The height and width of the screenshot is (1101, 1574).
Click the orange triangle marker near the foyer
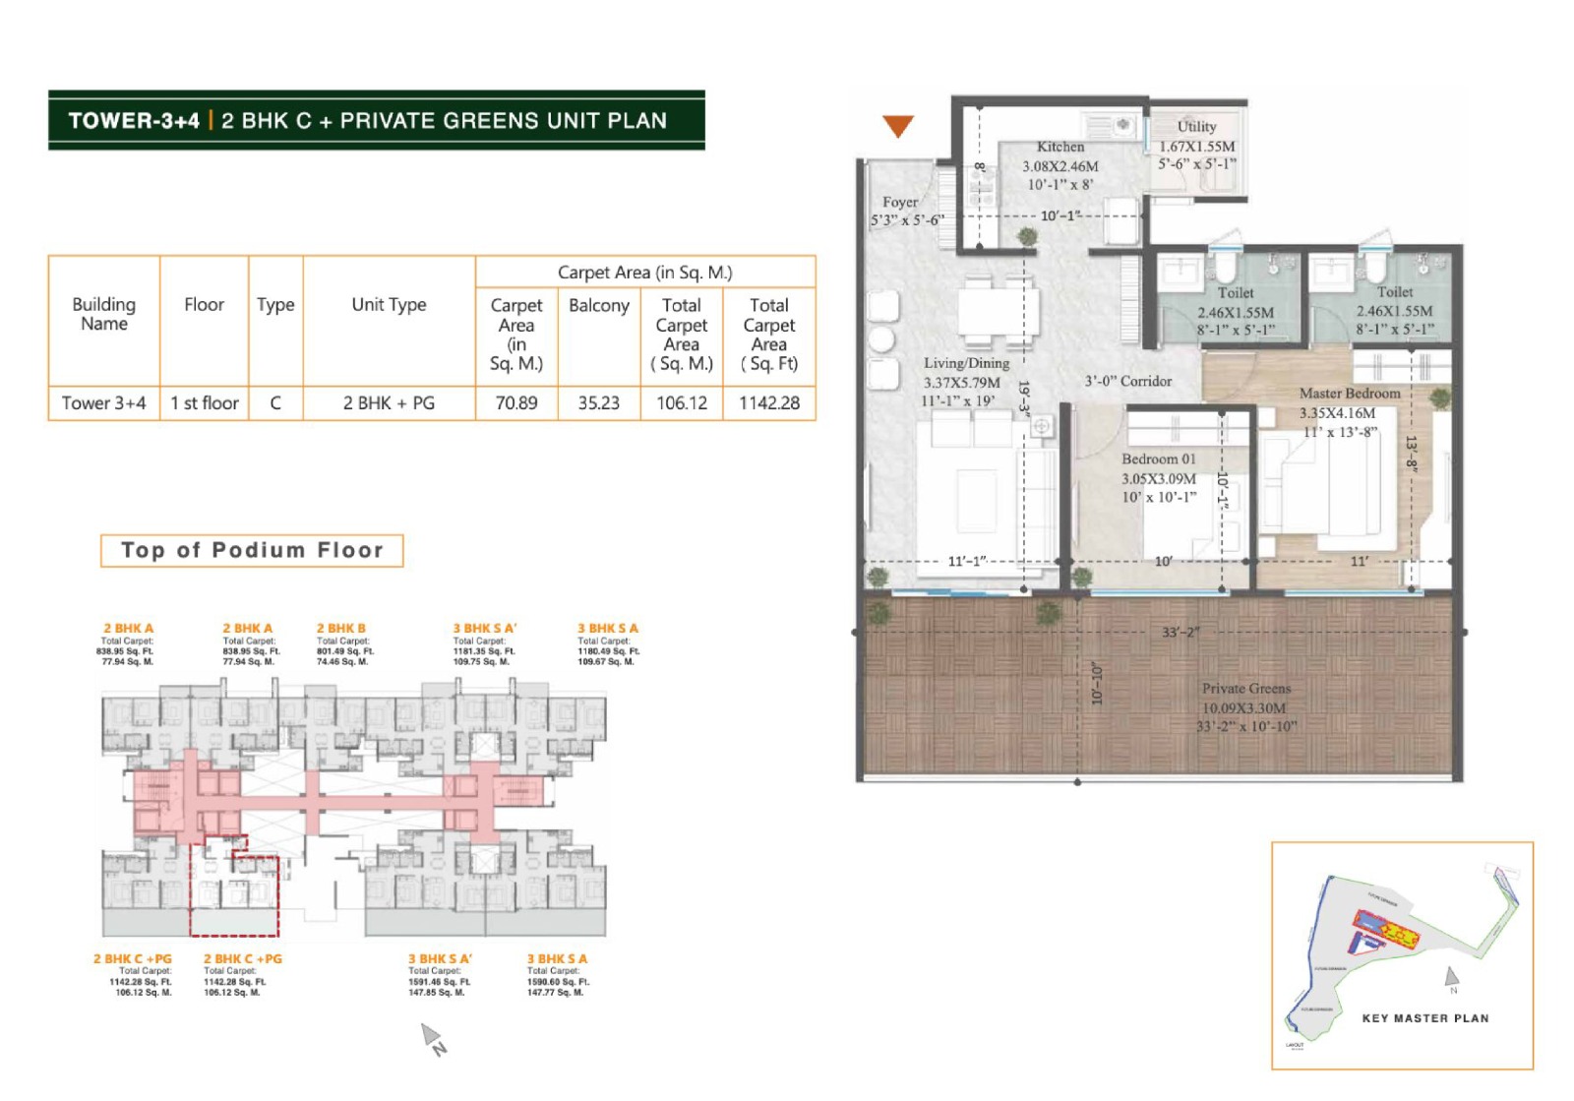click(897, 125)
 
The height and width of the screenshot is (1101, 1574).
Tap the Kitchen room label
click(1059, 147)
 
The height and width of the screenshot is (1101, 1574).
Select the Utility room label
click(1196, 127)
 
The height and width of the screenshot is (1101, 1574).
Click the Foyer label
click(899, 202)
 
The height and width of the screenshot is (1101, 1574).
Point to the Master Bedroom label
click(1349, 394)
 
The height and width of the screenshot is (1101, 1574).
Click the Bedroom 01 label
click(1158, 459)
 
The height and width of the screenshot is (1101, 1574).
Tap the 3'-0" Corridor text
click(1127, 381)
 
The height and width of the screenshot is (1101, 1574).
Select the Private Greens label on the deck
click(1245, 689)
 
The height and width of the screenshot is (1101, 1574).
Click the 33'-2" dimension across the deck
click(1180, 632)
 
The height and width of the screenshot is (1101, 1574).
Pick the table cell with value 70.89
click(516, 403)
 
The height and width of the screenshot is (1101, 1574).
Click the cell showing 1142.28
click(768, 403)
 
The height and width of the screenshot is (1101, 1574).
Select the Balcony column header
click(598, 306)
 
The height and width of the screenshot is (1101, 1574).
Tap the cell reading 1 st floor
click(204, 403)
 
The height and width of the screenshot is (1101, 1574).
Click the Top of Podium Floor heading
click(252, 551)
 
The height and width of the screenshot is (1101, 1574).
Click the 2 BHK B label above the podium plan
click(340, 628)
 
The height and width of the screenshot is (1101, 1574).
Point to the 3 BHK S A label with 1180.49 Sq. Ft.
click(607, 628)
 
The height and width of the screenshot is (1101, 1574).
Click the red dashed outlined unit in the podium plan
click(234, 895)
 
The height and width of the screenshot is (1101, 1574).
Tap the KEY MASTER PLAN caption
click(1424, 1018)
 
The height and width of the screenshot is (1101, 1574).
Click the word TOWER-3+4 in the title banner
click(134, 121)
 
